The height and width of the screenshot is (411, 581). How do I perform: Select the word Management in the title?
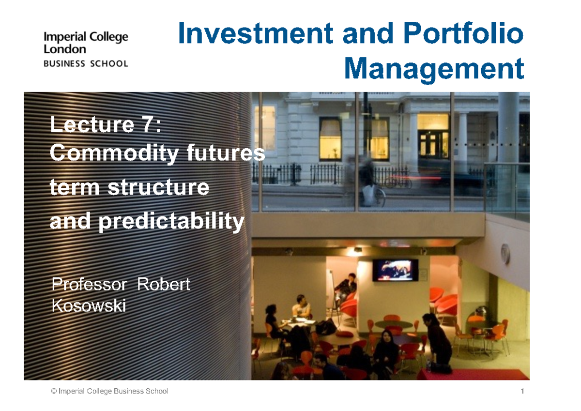(434, 68)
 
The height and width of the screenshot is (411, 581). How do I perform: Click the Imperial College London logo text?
(86, 43)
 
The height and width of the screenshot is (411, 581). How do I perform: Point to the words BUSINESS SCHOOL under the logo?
(86, 63)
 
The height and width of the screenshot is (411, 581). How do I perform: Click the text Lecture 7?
(106, 125)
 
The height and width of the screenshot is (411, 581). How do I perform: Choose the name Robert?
(164, 285)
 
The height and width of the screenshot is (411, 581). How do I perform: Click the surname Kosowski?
(89, 305)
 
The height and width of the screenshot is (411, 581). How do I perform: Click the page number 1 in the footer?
(523, 391)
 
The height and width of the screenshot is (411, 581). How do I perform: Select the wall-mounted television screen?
(395, 270)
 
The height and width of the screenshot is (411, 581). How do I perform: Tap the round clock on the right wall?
(505, 253)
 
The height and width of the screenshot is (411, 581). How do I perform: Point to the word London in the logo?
(65, 49)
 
